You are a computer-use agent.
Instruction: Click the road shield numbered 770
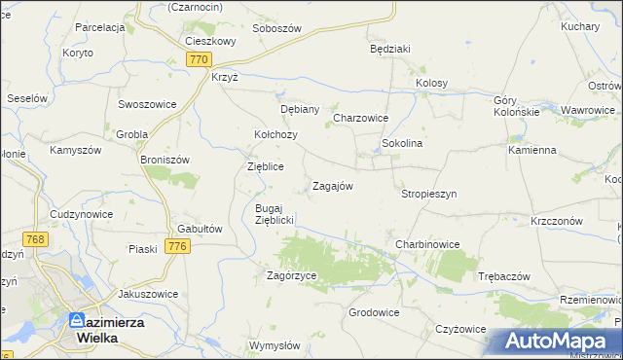[x=199, y=59]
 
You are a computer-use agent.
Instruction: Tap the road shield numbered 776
[x=176, y=247]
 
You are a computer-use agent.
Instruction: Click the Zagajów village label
[x=331, y=186]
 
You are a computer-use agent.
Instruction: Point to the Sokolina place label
[x=401, y=143]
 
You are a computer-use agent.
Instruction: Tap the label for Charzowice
[x=361, y=118]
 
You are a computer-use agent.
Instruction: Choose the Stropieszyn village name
[x=428, y=194]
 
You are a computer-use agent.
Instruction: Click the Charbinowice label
[x=426, y=243]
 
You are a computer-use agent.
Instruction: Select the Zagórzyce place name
[x=292, y=275]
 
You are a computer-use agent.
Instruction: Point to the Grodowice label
[x=374, y=312]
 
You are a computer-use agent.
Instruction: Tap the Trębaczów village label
[x=503, y=276]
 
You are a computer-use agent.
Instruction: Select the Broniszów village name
[x=164, y=160]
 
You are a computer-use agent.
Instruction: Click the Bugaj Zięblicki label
[x=268, y=214]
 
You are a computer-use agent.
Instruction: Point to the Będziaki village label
[x=390, y=48]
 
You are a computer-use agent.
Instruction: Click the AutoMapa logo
[x=557, y=342]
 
